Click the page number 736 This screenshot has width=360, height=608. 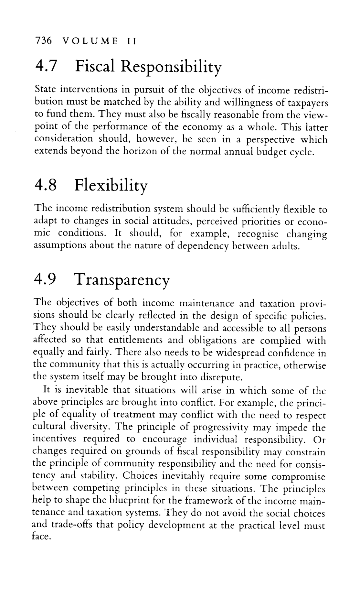tap(43, 42)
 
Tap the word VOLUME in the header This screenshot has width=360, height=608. tap(89, 42)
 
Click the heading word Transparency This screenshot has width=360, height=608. tap(122, 281)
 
